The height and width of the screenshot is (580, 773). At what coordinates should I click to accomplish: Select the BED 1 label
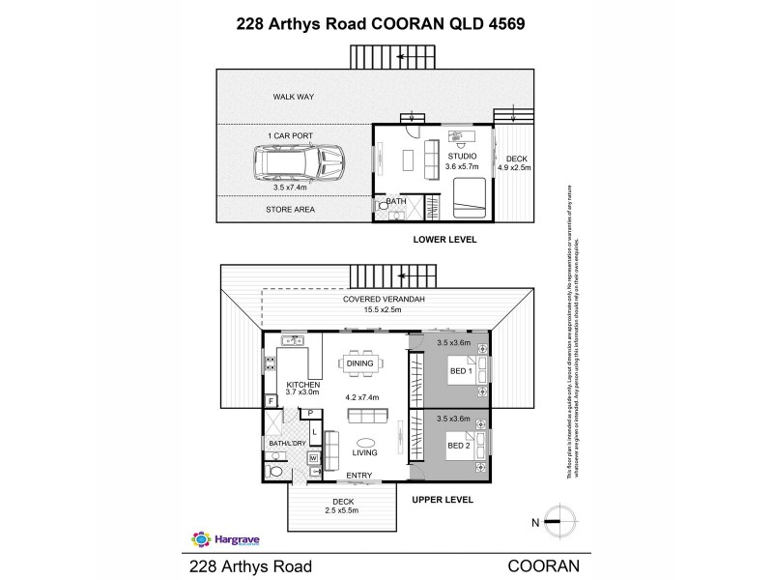click(461, 370)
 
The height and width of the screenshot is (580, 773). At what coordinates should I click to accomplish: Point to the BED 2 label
click(461, 446)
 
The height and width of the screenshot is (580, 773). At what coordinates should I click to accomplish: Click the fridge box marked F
click(272, 400)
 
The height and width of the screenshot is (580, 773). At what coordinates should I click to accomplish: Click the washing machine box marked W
click(314, 457)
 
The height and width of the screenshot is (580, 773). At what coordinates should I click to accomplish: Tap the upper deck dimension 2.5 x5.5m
click(340, 509)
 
